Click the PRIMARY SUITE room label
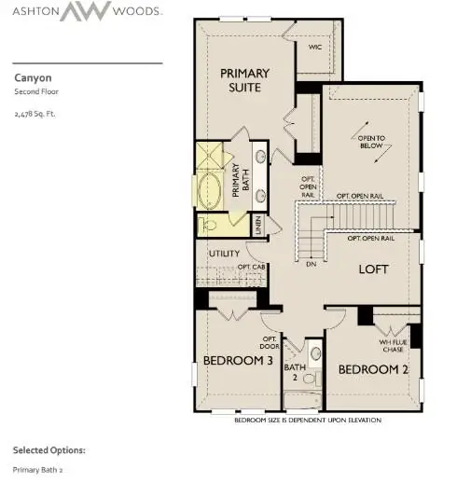[x=244, y=80]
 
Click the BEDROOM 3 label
[x=238, y=360]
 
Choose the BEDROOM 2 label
[x=373, y=369]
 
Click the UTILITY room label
[x=225, y=253]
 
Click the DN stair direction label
[x=311, y=264]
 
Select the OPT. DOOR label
[x=270, y=342]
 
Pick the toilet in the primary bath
[x=209, y=225]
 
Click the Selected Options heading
[x=48, y=449]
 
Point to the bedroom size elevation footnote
[x=308, y=421]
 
